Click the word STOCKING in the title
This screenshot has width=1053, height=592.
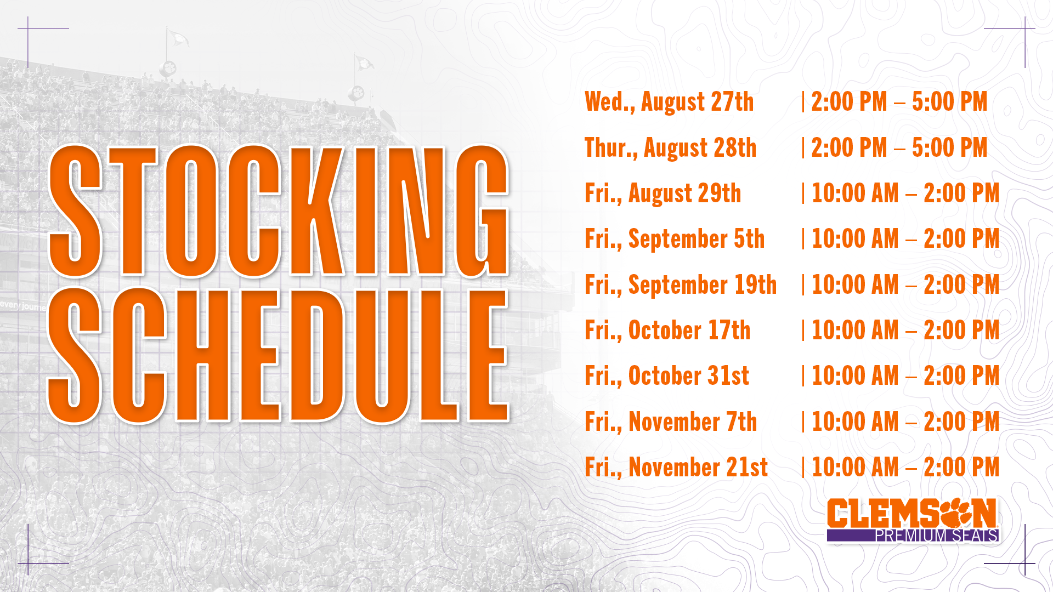click(279, 211)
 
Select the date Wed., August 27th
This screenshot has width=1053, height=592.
click(669, 103)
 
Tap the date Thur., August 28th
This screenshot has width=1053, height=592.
click(670, 149)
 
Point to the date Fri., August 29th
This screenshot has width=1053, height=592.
click(663, 194)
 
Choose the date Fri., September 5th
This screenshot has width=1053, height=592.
click(675, 240)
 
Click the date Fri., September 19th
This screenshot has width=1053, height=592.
click(681, 285)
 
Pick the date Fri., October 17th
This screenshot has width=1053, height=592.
click(667, 331)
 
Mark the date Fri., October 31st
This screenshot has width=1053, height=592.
click(667, 376)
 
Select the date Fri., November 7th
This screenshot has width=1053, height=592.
click(671, 422)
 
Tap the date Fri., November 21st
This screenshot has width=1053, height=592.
click(676, 468)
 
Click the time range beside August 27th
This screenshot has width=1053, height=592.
click(899, 102)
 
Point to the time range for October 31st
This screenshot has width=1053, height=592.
click(905, 376)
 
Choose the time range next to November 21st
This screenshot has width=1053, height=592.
click(905, 468)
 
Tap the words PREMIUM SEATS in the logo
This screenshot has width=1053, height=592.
click(936, 536)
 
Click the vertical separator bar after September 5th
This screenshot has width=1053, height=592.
click(803, 239)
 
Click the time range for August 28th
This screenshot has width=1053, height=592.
click(899, 148)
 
